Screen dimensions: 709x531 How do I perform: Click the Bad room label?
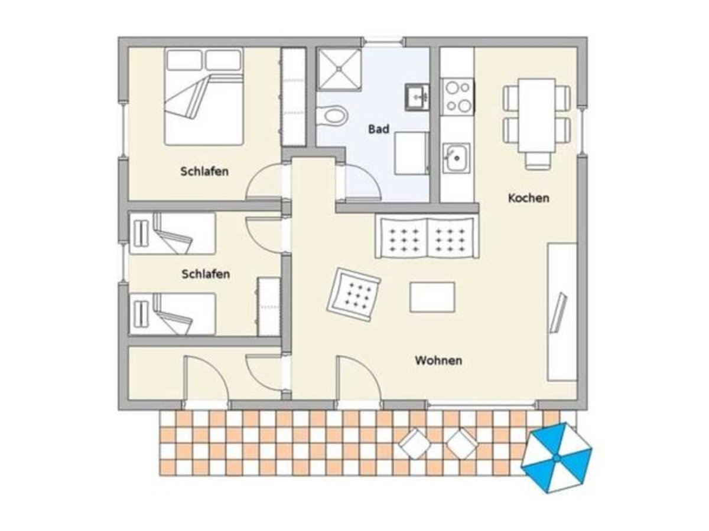point(379,129)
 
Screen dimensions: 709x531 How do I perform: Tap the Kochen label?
point(528,198)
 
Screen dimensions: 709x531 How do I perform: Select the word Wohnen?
point(438,360)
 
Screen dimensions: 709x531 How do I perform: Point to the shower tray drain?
point(339,68)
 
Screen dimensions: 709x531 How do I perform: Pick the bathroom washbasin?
point(417,97)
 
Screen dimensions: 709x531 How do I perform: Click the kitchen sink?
point(456,158)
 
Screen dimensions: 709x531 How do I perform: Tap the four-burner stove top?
point(458,96)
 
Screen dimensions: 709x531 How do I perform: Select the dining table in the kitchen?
point(536,116)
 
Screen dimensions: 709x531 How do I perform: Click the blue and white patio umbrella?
point(556,458)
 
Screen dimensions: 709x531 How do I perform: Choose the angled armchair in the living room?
point(354,294)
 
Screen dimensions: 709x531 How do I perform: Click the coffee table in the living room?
point(432,297)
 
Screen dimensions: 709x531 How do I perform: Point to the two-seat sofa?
point(427,238)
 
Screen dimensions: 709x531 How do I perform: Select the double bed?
point(203,96)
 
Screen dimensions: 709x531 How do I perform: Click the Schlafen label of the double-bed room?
point(204,172)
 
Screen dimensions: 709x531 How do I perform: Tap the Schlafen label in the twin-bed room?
point(206,274)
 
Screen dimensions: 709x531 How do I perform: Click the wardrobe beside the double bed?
point(293,97)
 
